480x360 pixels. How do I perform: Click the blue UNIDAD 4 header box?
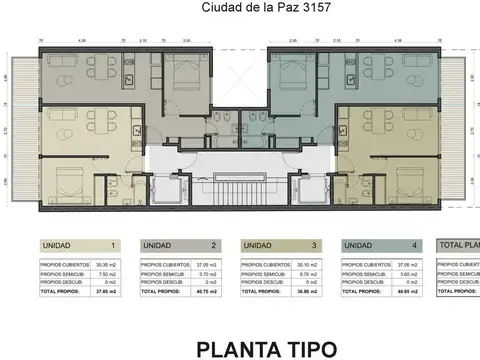(383, 245)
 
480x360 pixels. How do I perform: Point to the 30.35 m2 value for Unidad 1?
(108, 264)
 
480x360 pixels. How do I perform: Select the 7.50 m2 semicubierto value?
(108, 273)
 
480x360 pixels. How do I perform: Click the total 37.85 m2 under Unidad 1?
(108, 294)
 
